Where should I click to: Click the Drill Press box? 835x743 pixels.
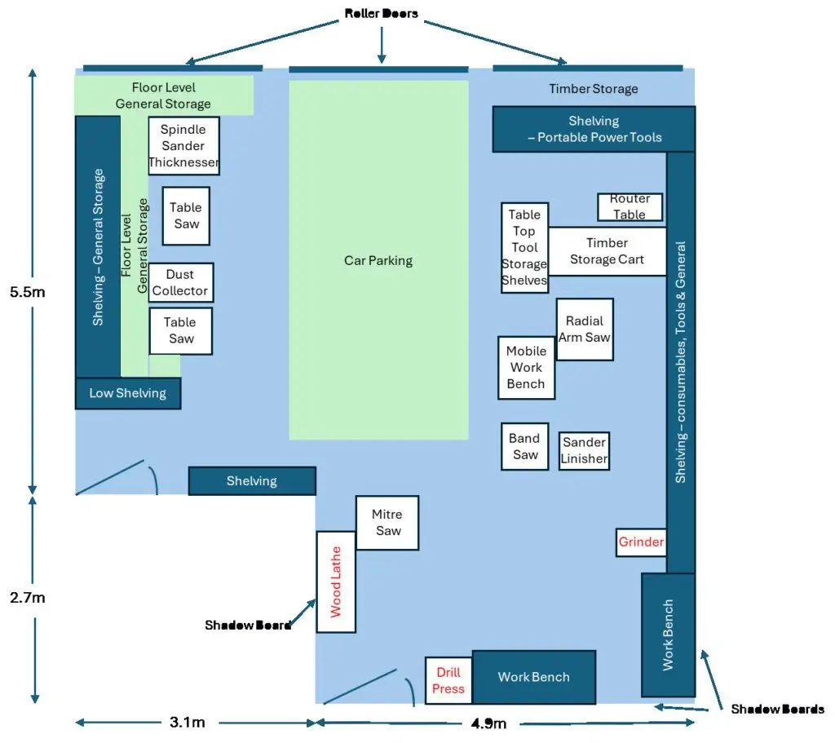pyautogui.click(x=448, y=680)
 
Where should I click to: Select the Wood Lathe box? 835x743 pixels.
pyautogui.click(x=336, y=582)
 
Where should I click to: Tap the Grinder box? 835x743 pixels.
pyautogui.click(x=641, y=542)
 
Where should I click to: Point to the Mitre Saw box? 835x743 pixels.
pyautogui.click(x=387, y=522)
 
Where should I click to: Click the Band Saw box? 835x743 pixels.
pyautogui.click(x=524, y=446)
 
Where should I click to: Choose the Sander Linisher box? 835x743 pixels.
pyautogui.click(x=584, y=450)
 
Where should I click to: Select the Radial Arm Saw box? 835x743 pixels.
pyautogui.click(x=585, y=329)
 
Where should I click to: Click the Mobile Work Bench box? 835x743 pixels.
pyautogui.click(x=526, y=367)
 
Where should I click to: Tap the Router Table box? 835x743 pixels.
pyautogui.click(x=630, y=206)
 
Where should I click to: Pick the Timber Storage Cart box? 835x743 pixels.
pyautogui.click(x=607, y=251)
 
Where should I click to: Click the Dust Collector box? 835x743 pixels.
pyautogui.click(x=180, y=282)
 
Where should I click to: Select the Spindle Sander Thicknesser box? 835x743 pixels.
pyautogui.click(x=183, y=145)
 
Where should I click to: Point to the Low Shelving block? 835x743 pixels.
pyautogui.click(x=127, y=393)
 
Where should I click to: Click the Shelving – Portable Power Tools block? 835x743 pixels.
pyautogui.click(x=594, y=129)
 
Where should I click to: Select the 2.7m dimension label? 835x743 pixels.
pyautogui.click(x=27, y=598)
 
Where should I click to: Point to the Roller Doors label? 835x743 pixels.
pyautogui.click(x=381, y=14)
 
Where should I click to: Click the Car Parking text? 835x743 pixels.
pyautogui.click(x=378, y=261)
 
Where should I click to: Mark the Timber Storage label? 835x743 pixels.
pyautogui.click(x=593, y=89)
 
